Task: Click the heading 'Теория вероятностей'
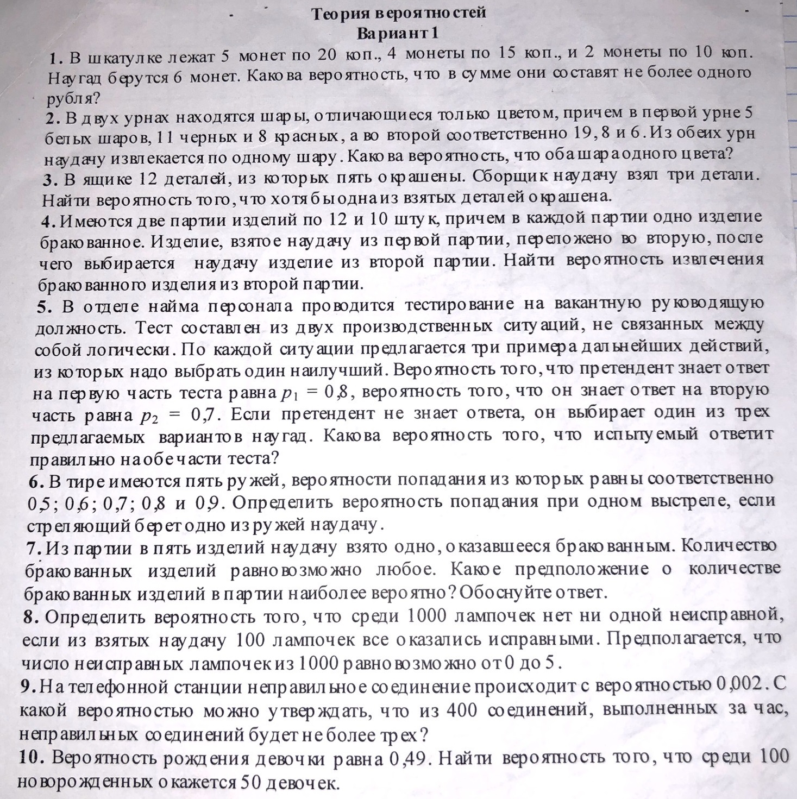click(x=398, y=13)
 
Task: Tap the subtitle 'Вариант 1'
click(x=397, y=33)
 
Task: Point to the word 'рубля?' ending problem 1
click(x=73, y=98)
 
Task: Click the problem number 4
click(x=47, y=221)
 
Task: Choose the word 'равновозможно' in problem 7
click(x=296, y=570)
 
